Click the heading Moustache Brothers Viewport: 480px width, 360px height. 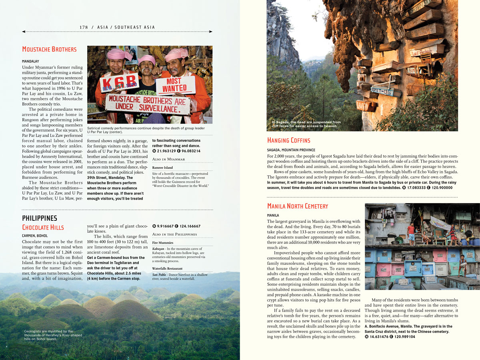click(x=49, y=50)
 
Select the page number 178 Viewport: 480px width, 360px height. click(x=84, y=27)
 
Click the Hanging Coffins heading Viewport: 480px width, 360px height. click(x=289, y=140)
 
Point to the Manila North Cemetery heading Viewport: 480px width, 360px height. click(x=298, y=206)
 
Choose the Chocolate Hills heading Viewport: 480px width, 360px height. click(x=43, y=227)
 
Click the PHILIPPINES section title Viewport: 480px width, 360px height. click(x=40, y=218)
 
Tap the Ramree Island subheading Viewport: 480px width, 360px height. click(x=162, y=168)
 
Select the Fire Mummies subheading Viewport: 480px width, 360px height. click(x=162, y=242)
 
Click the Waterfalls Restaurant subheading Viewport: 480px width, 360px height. click(x=167, y=268)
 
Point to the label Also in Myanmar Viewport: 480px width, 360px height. click(x=168, y=159)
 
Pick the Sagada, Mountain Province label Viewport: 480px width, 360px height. click(x=291, y=150)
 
